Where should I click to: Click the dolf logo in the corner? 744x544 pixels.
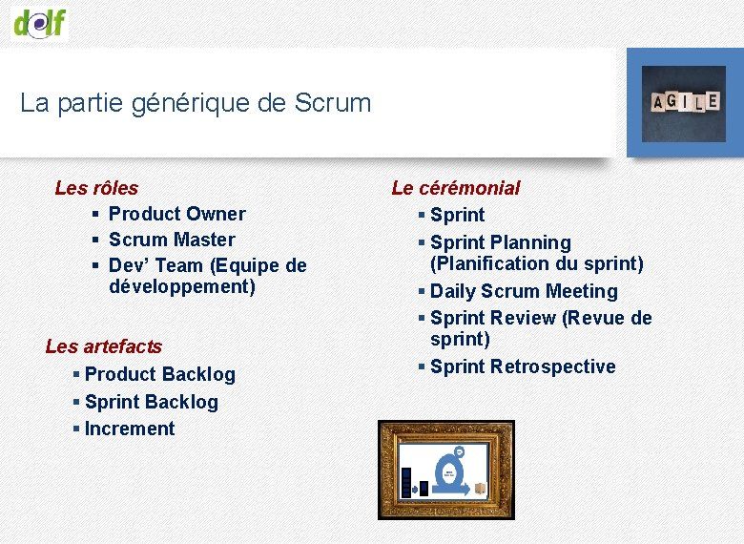click(x=40, y=21)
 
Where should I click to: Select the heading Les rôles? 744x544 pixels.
click(x=96, y=188)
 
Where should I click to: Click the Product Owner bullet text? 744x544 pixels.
click(x=176, y=214)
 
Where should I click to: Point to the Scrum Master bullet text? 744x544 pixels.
click(x=172, y=240)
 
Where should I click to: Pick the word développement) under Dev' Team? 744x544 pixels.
click(x=182, y=286)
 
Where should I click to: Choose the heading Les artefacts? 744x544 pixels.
click(x=103, y=346)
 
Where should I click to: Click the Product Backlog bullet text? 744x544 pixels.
click(x=159, y=374)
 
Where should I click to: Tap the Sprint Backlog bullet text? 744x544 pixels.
click(x=151, y=402)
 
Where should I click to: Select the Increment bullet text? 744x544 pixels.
click(x=130, y=429)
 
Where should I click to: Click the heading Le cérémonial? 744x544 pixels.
click(x=456, y=188)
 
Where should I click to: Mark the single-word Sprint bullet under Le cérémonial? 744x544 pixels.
click(x=457, y=215)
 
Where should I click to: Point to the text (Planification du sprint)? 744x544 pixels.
click(x=536, y=263)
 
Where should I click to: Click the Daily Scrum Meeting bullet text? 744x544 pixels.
click(x=524, y=291)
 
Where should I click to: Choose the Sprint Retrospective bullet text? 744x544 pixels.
click(x=523, y=366)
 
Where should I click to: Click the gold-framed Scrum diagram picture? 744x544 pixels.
click(x=445, y=470)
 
